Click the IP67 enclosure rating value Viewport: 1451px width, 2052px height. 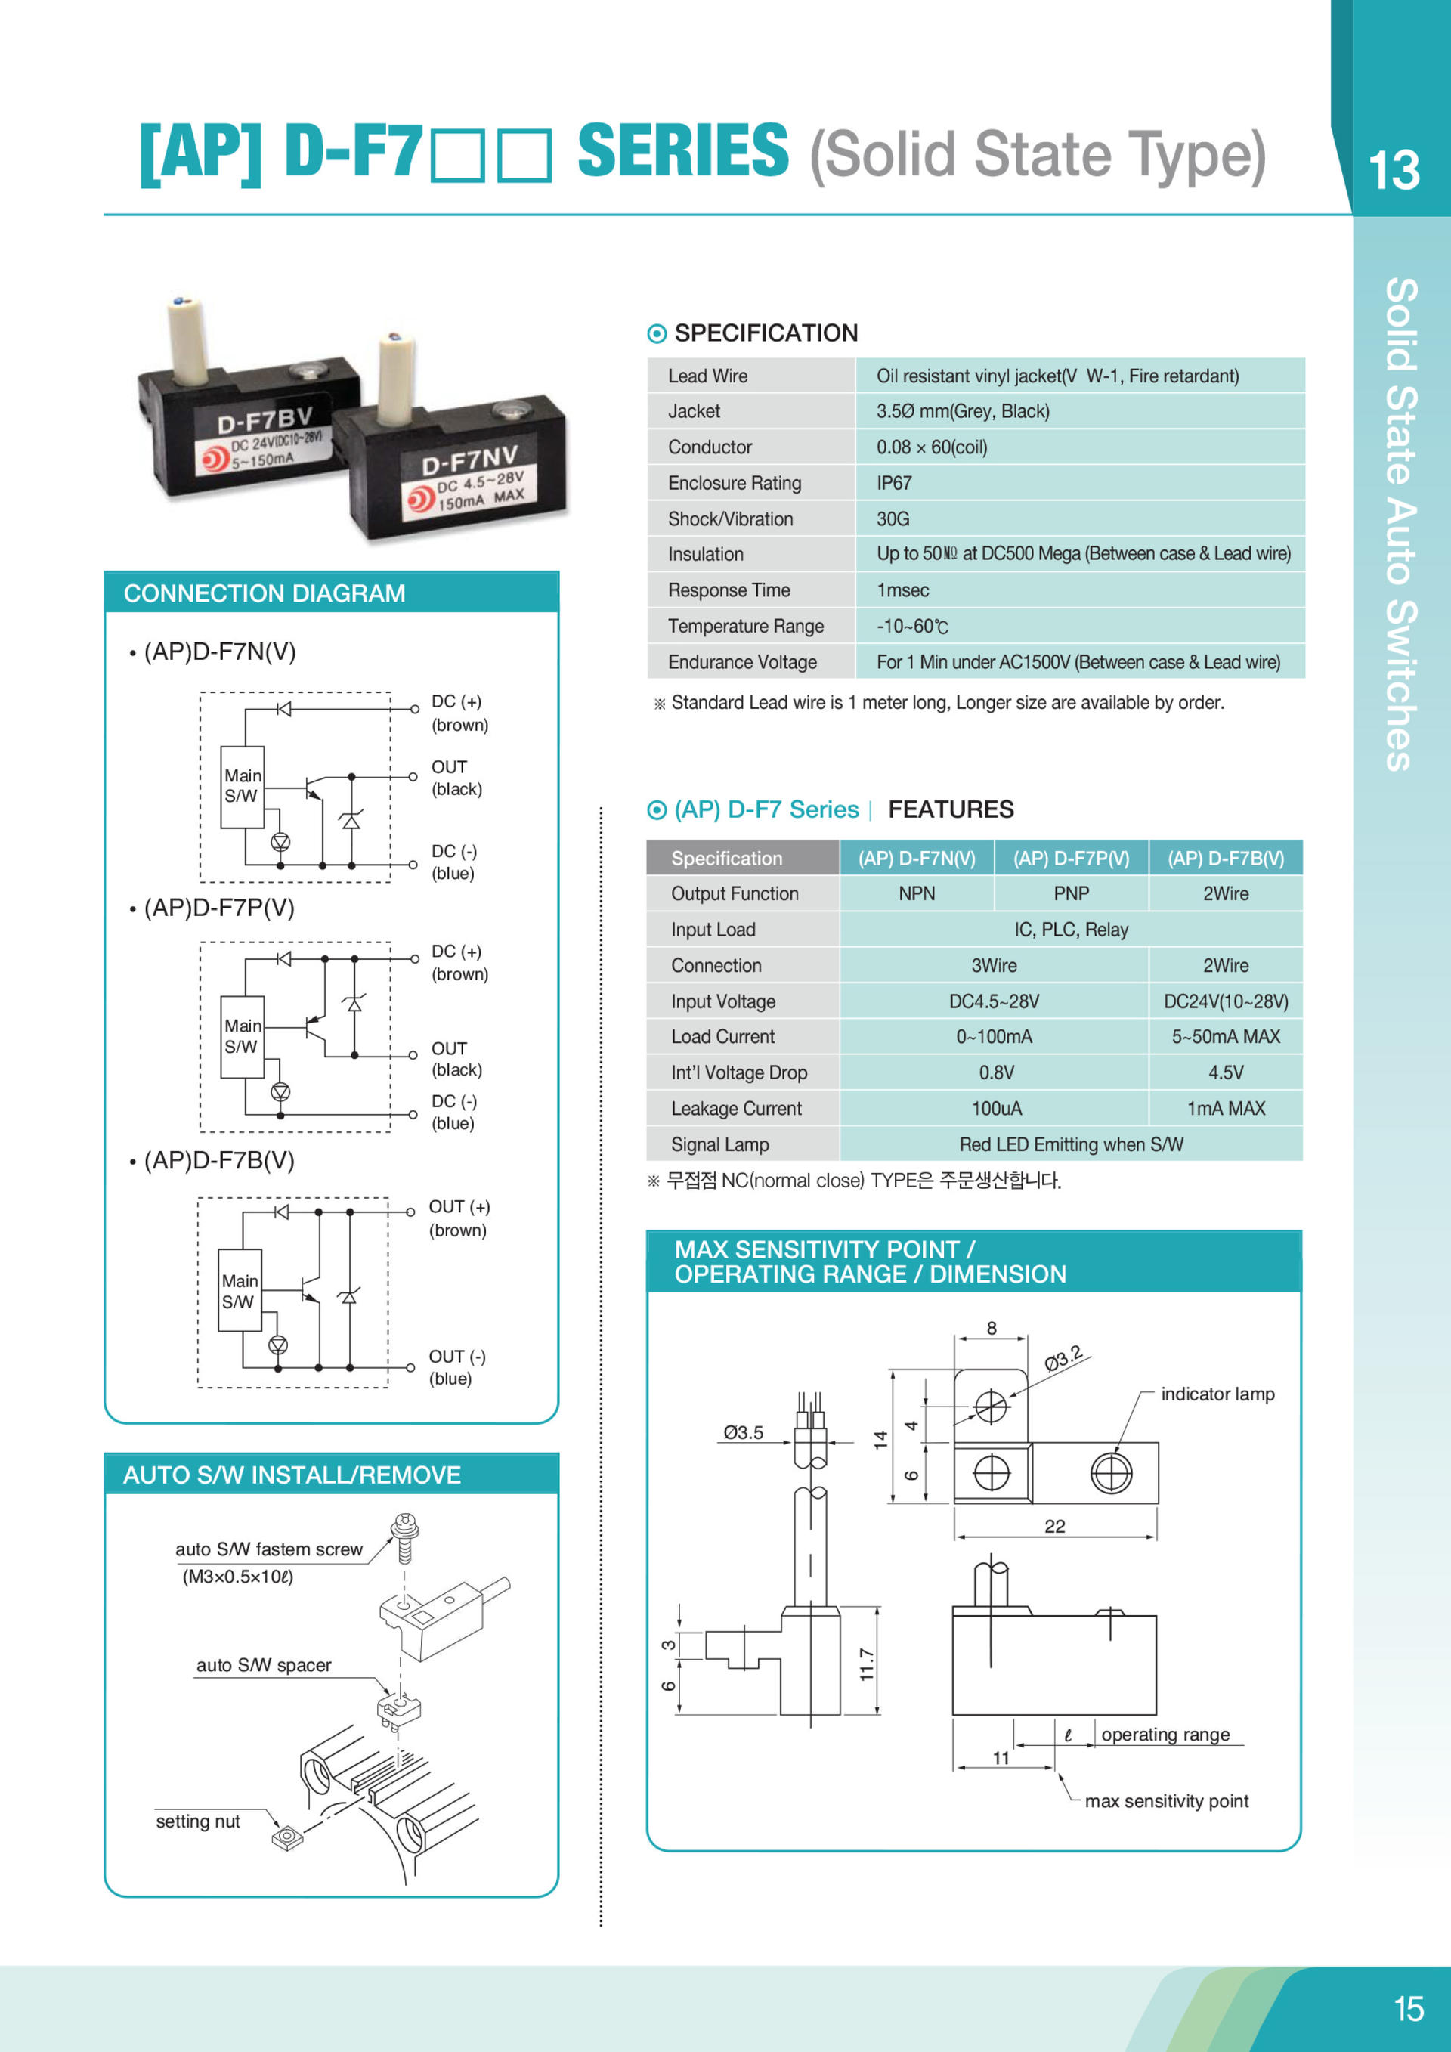[x=893, y=484]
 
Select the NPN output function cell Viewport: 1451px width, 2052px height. [x=916, y=893]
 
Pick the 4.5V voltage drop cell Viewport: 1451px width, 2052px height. [x=1225, y=1072]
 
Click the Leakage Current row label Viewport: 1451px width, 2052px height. [x=736, y=1108]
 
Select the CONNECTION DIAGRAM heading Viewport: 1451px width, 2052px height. [x=265, y=593]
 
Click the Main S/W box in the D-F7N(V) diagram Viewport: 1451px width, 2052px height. [x=242, y=787]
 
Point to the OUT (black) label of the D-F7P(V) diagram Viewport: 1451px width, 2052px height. [x=456, y=1058]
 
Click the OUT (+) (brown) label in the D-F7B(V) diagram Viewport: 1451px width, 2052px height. [x=459, y=1218]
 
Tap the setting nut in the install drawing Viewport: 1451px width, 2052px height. [x=287, y=1837]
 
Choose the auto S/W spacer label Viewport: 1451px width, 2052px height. [x=264, y=1665]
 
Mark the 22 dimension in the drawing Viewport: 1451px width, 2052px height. [x=1054, y=1526]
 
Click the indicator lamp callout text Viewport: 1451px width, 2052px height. [x=1217, y=1394]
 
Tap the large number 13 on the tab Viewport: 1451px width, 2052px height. [x=1393, y=170]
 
